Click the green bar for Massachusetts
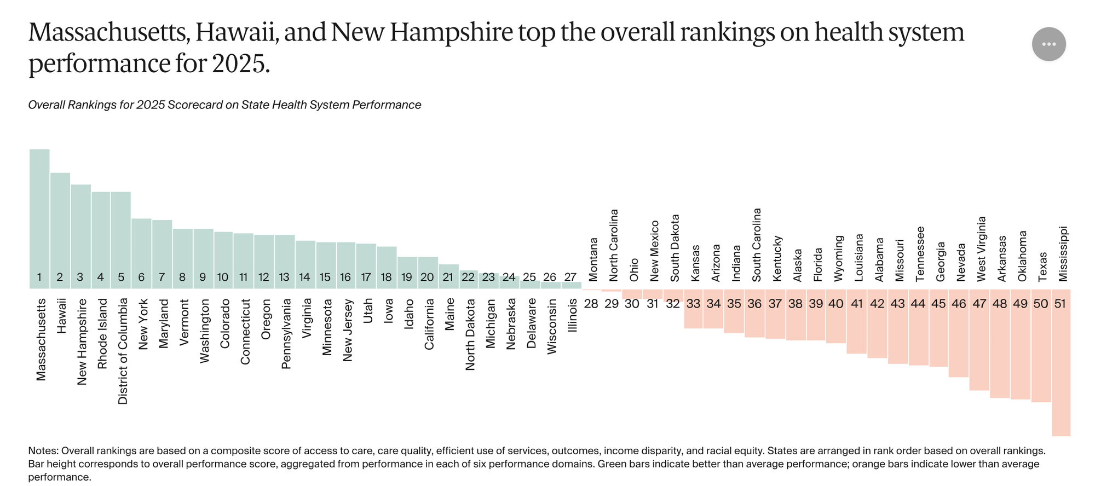point(39,213)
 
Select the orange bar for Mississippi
point(1061,372)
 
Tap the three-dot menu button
point(1048,44)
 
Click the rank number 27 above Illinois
point(570,277)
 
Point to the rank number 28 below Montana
point(591,304)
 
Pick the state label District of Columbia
point(123,351)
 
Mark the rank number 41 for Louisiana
point(857,304)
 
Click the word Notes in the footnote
point(42,451)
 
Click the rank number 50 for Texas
point(1040,304)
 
